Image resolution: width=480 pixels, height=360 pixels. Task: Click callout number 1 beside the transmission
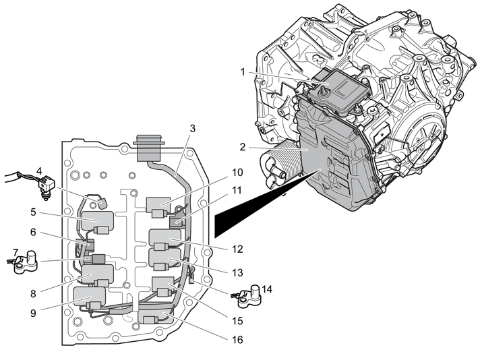pyautogui.click(x=243, y=72)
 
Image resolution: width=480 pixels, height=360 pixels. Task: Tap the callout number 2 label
pyautogui.click(x=243, y=147)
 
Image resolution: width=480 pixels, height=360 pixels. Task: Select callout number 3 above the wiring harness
pyautogui.click(x=192, y=129)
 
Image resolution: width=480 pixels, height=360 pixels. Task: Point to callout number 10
pyautogui.click(x=237, y=173)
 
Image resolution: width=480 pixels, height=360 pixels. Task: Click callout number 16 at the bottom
pyautogui.click(x=237, y=340)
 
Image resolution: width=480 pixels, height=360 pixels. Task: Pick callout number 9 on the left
pyautogui.click(x=33, y=313)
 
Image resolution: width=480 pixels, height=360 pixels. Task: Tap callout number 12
pyautogui.click(x=237, y=249)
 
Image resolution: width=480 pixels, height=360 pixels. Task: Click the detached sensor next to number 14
pyautogui.click(x=250, y=296)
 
